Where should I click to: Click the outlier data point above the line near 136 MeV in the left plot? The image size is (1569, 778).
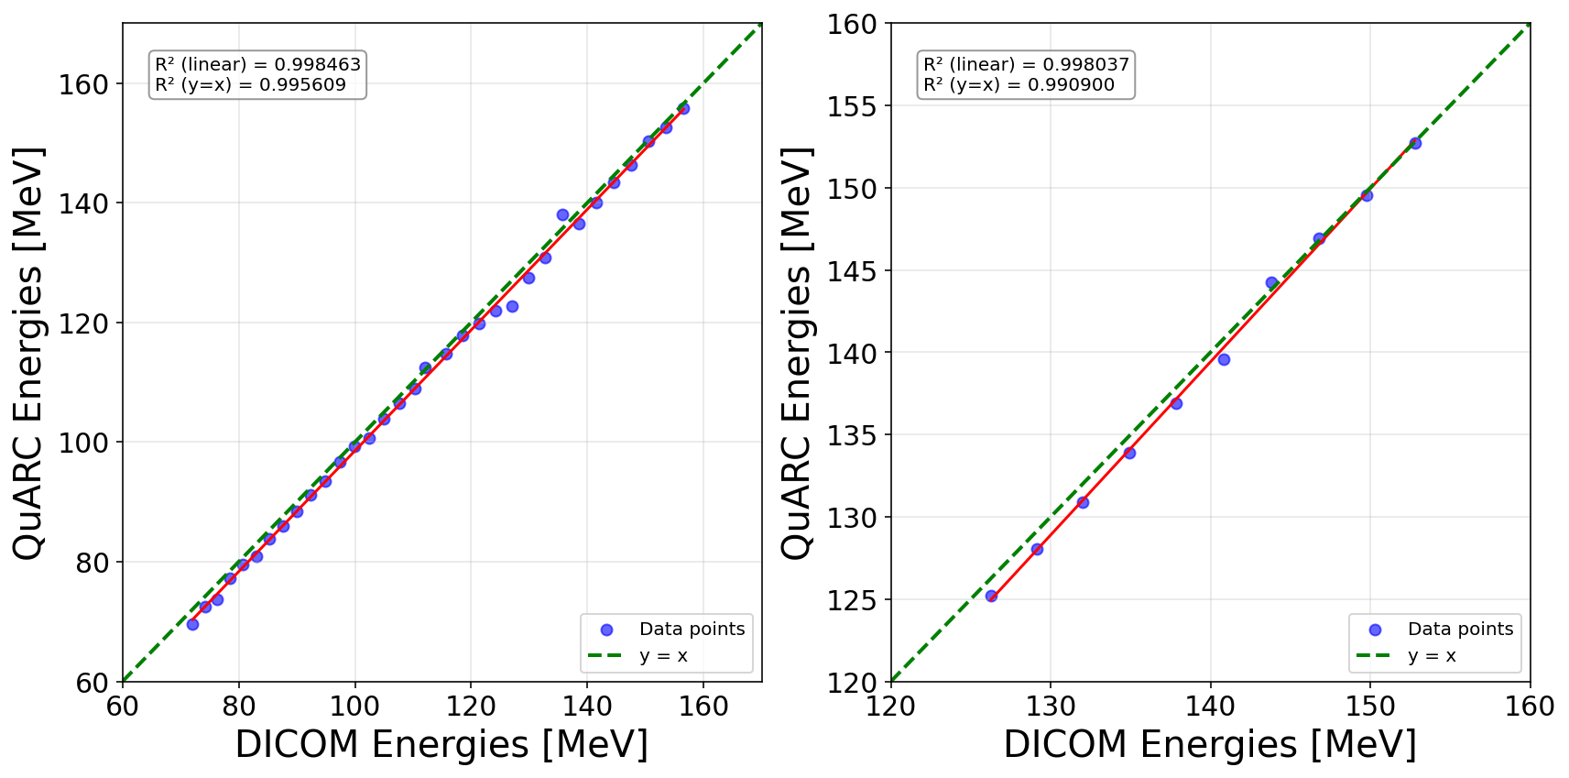(562, 214)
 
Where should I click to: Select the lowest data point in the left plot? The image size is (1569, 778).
(192, 624)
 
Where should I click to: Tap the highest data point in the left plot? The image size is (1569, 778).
(683, 108)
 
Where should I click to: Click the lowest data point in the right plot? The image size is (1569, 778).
(991, 596)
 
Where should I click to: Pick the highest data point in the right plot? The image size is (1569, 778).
(1415, 143)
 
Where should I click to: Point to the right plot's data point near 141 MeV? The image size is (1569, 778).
(1224, 359)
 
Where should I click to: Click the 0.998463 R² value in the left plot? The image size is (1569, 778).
(318, 64)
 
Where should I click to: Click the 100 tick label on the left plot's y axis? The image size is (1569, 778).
(83, 443)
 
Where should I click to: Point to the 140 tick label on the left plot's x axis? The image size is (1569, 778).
(587, 707)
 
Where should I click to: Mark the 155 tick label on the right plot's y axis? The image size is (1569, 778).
(852, 106)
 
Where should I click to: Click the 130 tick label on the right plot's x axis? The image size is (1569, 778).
(1051, 707)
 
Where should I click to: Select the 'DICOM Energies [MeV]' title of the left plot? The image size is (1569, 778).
(441, 744)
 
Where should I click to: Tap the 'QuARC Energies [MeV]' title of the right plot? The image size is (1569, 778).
(797, 353)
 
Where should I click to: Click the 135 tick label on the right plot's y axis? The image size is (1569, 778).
(852, 435)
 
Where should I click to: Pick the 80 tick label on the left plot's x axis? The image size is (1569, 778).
(239, 707)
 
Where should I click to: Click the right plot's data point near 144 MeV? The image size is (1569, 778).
(1271, 282)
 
